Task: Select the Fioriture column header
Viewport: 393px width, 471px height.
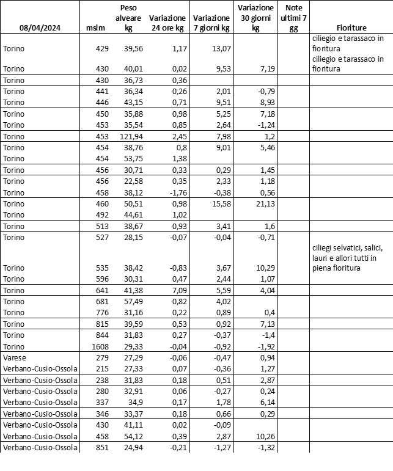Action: pyautogui.click(x=351, y=28)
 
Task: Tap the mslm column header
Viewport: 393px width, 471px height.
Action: pyautogui.click(x=96, y=28)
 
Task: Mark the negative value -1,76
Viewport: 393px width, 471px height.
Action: pyautogui.click(x=175, y=191)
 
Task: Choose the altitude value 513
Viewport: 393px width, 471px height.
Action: pyautogui.click(x=101, y=225)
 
